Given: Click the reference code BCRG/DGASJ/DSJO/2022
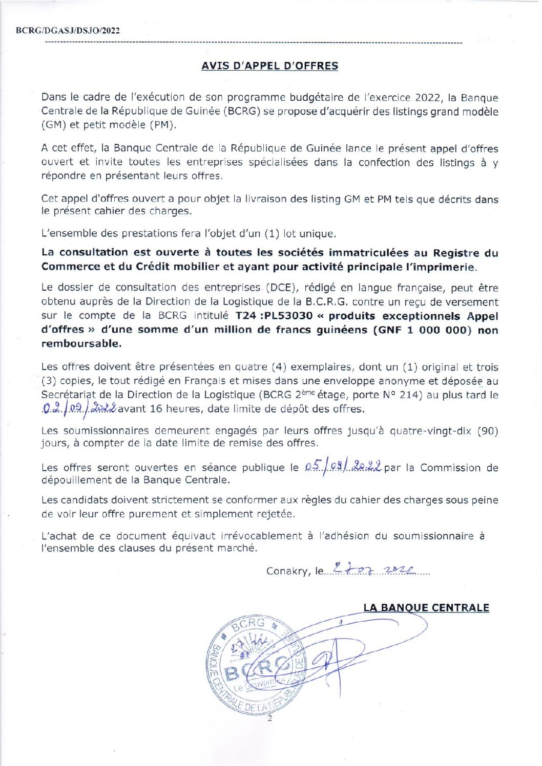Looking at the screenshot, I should pos(68,31).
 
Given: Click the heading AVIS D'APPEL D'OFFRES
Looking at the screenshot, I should pos(269,66).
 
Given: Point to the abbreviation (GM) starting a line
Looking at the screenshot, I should pos(53,125).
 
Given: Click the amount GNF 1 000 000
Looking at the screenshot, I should pos(422,330).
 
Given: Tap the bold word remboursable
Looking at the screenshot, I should pos(81,344).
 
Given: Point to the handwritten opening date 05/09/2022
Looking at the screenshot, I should pos(343,467).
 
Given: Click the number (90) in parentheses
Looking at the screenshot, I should pos(487,431).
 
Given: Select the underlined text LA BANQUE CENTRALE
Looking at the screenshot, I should pos(426,608).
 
